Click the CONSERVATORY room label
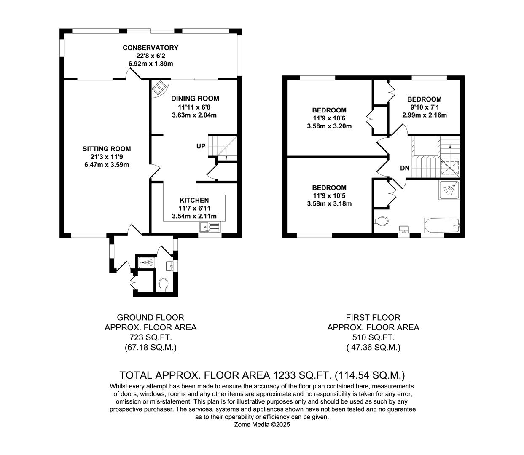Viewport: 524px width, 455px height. pyautogui.click(x=150, y=48)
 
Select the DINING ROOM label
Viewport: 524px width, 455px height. pyautogui.click(x=195, y=99)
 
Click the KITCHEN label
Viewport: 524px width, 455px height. pyautogui.click(x=194, y=200)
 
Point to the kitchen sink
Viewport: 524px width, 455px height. pyautogui.click(x=210, y=227)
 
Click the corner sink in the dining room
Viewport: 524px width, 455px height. pyautogui.click(x=160, y=88)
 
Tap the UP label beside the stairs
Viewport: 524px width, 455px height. pyautogui.click(x=201, y=146)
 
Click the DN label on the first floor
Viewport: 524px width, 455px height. pyautogui.click(x=405, y=168)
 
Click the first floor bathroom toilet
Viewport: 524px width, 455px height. pyautogui.click(x=381, y=221)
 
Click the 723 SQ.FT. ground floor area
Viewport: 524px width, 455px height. pyautogui.click(x=150, y=337)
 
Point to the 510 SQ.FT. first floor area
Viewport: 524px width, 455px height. pyautogui.click(x=373, y=337)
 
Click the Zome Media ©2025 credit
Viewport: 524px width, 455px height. pyautogui.click(x=262, y=425)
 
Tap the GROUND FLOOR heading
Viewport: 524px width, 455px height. pyautogui.click(x=150, y=317)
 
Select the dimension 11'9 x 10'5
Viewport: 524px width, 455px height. pyautogui.click(x=329, y=196)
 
